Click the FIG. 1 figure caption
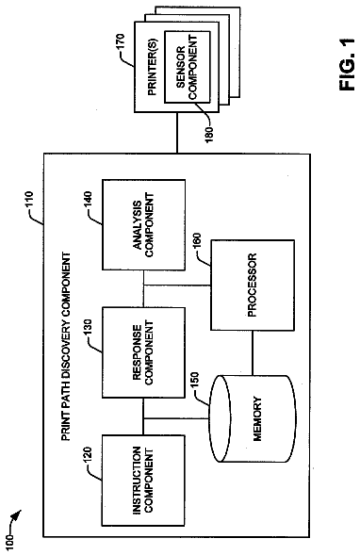click(x=347, y=64)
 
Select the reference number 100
click(x=10, y=542)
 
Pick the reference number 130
click(x=87, y=329)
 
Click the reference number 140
click(x=87, y=201)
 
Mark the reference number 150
click(x=195, y=382)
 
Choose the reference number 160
click(x=196, y=242)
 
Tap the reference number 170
click(x=120, y=42)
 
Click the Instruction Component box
click(x=143, y=481)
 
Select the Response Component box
click(x=143, y=352)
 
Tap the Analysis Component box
click(x=143, y=225)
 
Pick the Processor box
click(x=253, y=286)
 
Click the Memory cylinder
click(x=253, y=418)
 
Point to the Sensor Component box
click(x=188, y=67)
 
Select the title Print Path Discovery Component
click(x=66, y=347)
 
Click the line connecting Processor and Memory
click(x=253, y=353)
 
